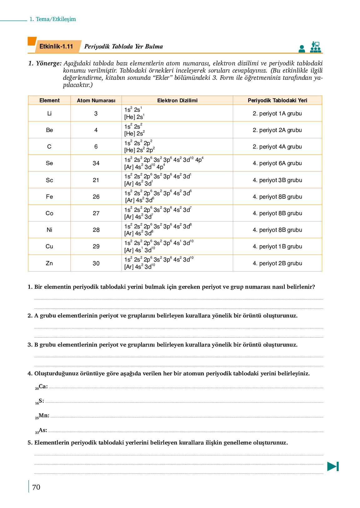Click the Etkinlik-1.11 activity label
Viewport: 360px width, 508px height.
56,47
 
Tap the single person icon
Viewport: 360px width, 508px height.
302,49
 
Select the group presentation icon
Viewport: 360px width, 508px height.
315,47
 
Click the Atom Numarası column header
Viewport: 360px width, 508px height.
96,100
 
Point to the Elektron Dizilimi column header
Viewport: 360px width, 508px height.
177,100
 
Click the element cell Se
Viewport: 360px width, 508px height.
49,163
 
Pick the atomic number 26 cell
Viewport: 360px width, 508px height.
96,197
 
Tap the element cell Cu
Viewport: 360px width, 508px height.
49,246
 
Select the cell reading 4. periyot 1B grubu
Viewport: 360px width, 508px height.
277,246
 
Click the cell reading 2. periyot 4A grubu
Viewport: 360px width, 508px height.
277,147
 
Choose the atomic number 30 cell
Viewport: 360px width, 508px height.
96,263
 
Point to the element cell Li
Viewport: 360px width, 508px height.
49,114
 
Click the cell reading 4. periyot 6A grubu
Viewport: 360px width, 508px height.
277,163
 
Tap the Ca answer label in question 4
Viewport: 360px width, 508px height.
42,387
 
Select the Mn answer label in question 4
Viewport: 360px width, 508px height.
42,416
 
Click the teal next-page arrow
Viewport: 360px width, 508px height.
333,466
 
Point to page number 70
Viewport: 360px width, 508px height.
36,487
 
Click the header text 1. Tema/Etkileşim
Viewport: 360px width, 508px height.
52,19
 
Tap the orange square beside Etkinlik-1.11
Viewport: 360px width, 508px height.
32,41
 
